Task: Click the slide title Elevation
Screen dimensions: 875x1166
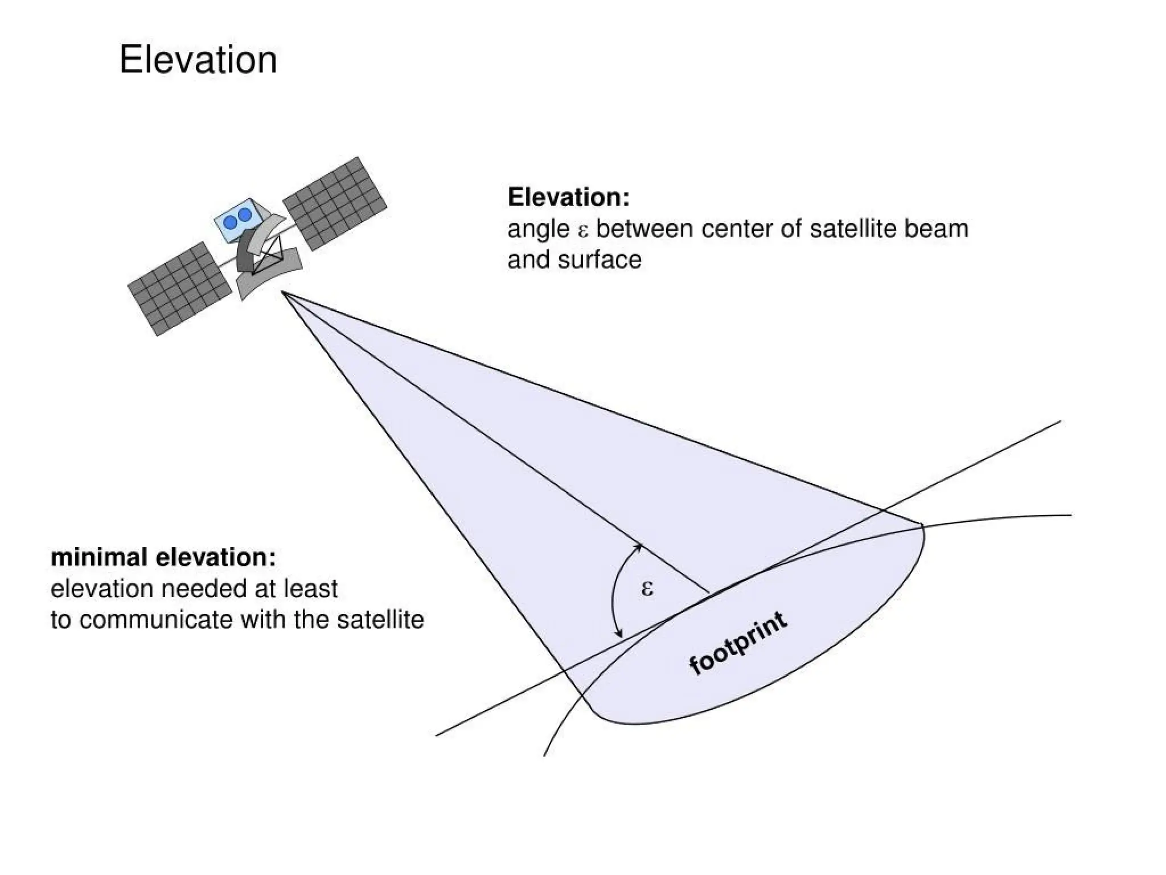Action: pos(198,59)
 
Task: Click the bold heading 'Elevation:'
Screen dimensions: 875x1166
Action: pos(568,197)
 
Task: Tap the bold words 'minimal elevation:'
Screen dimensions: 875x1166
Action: pos(163,557)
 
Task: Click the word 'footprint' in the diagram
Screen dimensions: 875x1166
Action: pos(738,643)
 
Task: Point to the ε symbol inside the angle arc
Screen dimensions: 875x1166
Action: pos(647,588)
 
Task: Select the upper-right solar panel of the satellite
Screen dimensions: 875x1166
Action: pos(335,203)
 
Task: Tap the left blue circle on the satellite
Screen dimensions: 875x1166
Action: pos(231,222)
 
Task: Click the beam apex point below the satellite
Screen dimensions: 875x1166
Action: pos(282,292)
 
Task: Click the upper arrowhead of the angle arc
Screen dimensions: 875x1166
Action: pos(640,547)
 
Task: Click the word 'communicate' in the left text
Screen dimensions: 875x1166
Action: pos(156,620)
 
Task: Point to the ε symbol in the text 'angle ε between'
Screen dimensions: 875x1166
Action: pos(582,230)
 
